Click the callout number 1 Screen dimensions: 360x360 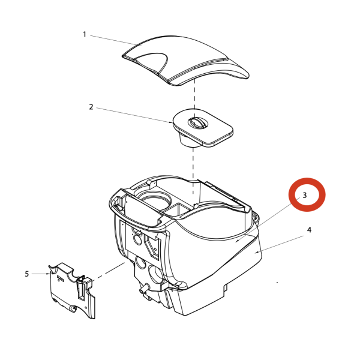(85, 35)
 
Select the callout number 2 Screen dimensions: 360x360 (91, 107)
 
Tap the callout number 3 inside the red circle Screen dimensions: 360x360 (304, 195)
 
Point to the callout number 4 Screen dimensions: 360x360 (309, 230)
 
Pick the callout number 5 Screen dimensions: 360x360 (27, 274)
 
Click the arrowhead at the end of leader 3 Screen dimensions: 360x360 (237, 241)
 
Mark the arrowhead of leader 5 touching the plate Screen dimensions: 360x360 (49, 274)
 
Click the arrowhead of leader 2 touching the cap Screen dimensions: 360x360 (171, 122)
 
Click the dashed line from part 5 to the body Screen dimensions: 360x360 (108, 272)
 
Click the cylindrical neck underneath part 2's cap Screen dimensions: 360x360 (188, 139)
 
